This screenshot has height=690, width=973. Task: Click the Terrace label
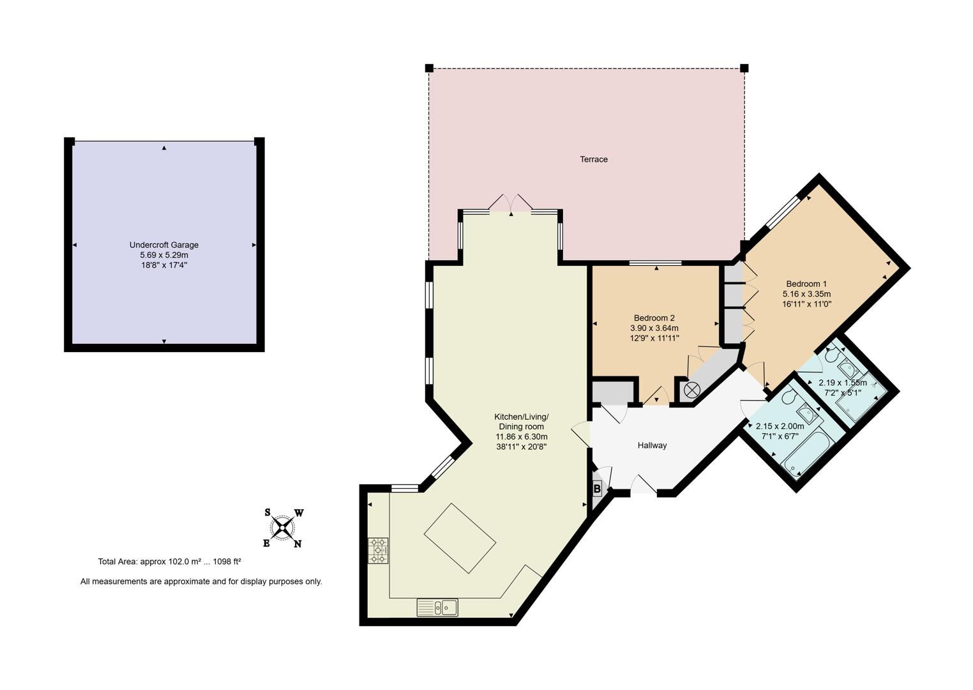593,159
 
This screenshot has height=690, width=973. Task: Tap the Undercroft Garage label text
164,245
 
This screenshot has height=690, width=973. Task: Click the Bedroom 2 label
654,318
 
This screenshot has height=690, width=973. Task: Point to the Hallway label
652,445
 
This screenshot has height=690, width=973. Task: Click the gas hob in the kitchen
377,550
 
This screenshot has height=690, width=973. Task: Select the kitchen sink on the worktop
437,607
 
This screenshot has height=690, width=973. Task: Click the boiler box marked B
597,489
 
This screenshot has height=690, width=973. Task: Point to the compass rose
283,528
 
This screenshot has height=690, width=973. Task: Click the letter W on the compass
299,513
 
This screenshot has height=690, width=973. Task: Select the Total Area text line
169,562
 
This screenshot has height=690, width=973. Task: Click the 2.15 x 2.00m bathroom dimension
780,426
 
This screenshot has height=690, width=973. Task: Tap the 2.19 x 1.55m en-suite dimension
842,383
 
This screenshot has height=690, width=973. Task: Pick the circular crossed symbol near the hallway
691,390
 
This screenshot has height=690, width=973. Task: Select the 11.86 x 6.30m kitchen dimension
522,437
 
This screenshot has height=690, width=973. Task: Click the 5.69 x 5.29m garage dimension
164,255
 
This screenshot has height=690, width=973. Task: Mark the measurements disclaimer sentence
201,581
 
